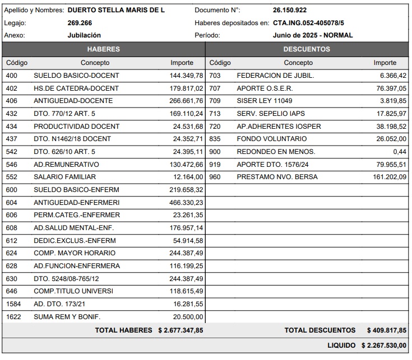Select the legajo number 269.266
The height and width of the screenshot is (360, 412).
tap(80, 23)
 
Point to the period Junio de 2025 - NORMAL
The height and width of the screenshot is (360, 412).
tap(313, 35)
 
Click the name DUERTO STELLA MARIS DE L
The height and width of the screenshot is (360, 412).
tap(116, 10)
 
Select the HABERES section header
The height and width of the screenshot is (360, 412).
tap(104, 49)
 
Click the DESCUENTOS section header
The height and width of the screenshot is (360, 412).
tap(307, 49)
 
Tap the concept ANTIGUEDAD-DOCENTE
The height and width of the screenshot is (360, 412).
tap(73, 101)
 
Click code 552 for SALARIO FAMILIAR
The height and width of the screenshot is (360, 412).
tap(11, 177)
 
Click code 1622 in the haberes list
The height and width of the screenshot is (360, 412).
tap(13, 316)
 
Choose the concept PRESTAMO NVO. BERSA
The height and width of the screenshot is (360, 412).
tap(277, 177)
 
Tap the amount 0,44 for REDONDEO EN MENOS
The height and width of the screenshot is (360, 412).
tap(400, 152)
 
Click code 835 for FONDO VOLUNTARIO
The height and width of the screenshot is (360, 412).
tap(215, 139)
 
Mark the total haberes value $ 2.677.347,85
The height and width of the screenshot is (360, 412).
tap(180, 330)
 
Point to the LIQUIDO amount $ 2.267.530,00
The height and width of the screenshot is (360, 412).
tap(384, 345)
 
